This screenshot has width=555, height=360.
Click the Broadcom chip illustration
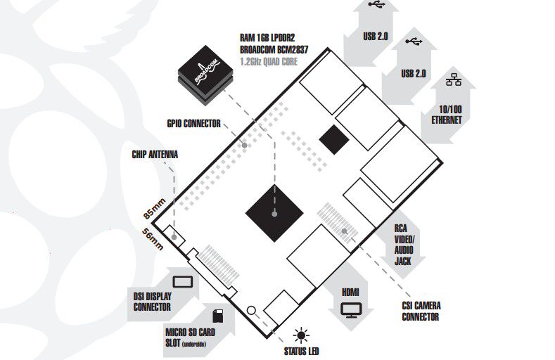pos(205,75)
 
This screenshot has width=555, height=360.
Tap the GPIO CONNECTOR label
pos(193,124)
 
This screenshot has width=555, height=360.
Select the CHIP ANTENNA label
pos(155,155)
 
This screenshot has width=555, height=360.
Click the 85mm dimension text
pos(154,209)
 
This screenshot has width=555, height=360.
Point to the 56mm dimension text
pos(153,239)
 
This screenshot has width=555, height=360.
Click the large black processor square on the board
pos(274,213)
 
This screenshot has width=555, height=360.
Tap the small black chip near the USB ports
pos(334,139)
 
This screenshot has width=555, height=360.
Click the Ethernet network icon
pos(454,79)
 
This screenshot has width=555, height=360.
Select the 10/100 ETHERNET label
pos(447,115)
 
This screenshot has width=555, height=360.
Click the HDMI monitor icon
pos(351,310)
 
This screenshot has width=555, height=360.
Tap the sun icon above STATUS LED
pos(301,335)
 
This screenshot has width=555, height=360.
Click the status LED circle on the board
pos(251,311)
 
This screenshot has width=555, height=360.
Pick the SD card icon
pos(217,316)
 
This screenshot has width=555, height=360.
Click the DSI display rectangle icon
pos(183,282)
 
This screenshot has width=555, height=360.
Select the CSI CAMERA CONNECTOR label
pos(421,311)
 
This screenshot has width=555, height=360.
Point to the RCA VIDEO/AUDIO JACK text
pos(404,245)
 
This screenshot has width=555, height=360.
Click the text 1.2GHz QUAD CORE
pos(269,62)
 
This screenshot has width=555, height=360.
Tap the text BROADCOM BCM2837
pos(274,49)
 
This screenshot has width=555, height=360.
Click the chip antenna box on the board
pos(174,236)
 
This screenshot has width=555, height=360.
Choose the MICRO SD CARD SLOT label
pos(191,337)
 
